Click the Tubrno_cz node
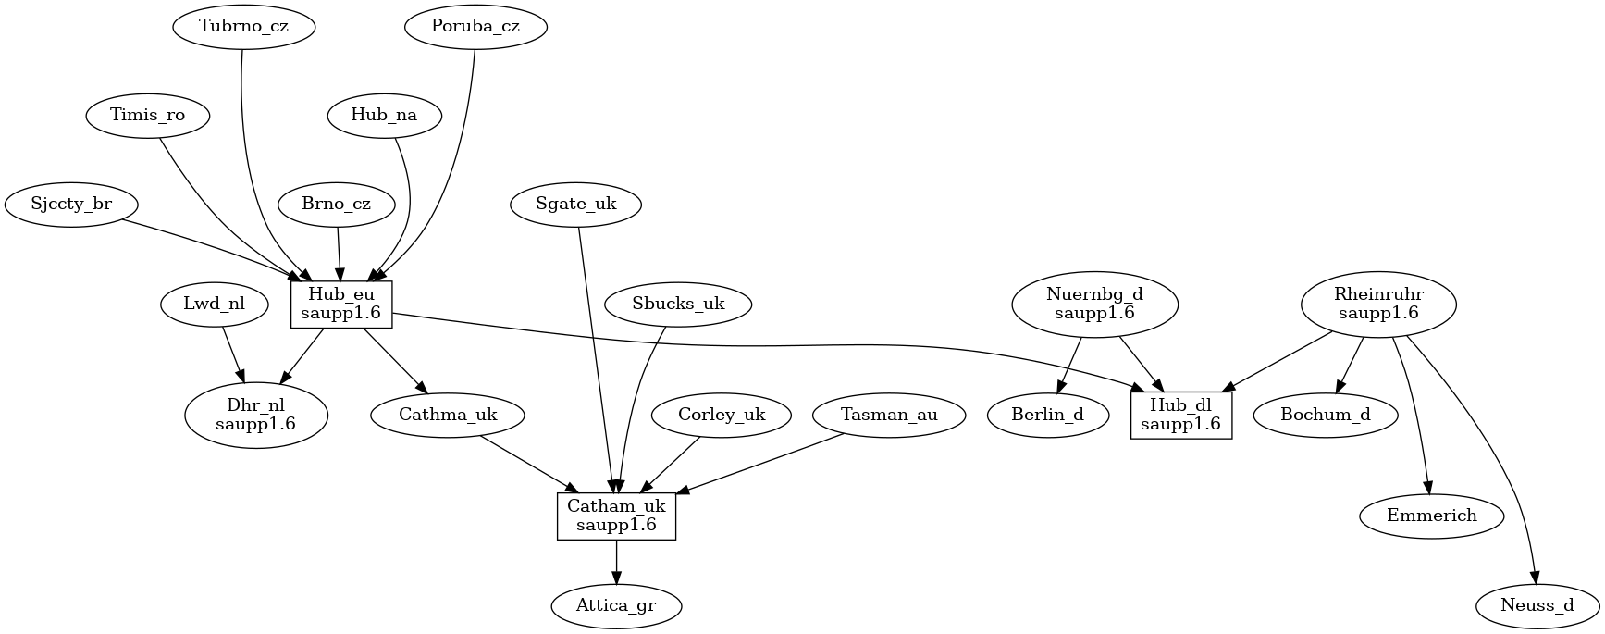click(244, 26)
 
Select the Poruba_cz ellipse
click(475, 26)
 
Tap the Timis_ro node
click(148, 116)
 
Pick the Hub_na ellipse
click(384, 116)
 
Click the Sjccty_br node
click(71, 204)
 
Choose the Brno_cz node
click(337, 204)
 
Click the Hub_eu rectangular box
click(341, 305)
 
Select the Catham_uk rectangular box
click(616, 516)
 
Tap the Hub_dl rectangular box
click(1181, 416)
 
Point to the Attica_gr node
click(616, 607)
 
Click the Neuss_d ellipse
click(1537, 607)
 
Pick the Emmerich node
click(1432, 516)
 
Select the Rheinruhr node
click(1378, 305)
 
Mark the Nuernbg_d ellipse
click(1095, 305)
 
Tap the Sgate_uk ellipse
click(576, 204)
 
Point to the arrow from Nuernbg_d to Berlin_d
click(1070, 367)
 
